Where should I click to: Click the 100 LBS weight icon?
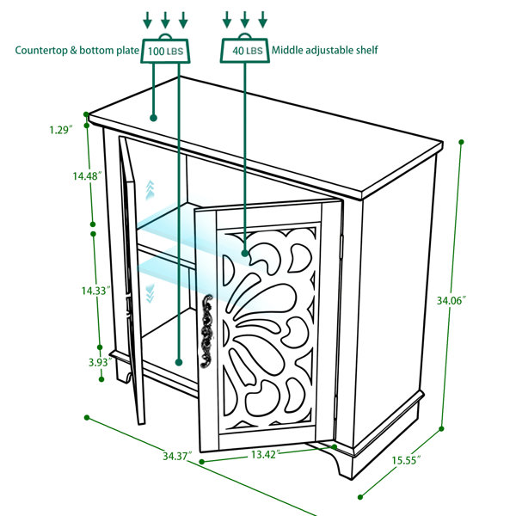click(x=165, y=48)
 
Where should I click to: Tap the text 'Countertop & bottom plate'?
click(x=77, y=51)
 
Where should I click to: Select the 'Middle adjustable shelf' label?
click(x=324, y=50)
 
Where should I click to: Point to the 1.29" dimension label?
click(x=61, y=130)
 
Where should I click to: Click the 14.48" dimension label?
click(x=87, y=176)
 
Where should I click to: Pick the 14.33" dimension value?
click(x=95, y=291)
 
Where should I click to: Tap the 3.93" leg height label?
click(x=100, y=362)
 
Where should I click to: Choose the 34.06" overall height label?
click(x=451, y=300)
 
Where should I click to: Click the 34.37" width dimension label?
click(x=177, y=456)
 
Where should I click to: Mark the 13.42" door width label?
click(x=266, y=454)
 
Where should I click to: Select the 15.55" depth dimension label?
click(x=406, y=460)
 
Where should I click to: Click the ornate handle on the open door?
click(x=206, y=331)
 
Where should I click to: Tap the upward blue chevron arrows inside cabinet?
click(x=150, y=190)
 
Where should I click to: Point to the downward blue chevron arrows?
click(x=150, y=294)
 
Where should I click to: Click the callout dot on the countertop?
click(x=153, y=118)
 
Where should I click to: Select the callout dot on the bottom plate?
click(x=179, y=362)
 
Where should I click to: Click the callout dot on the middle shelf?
click(x=245, y=253)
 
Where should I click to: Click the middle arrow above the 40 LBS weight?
click(x=244, y=20)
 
